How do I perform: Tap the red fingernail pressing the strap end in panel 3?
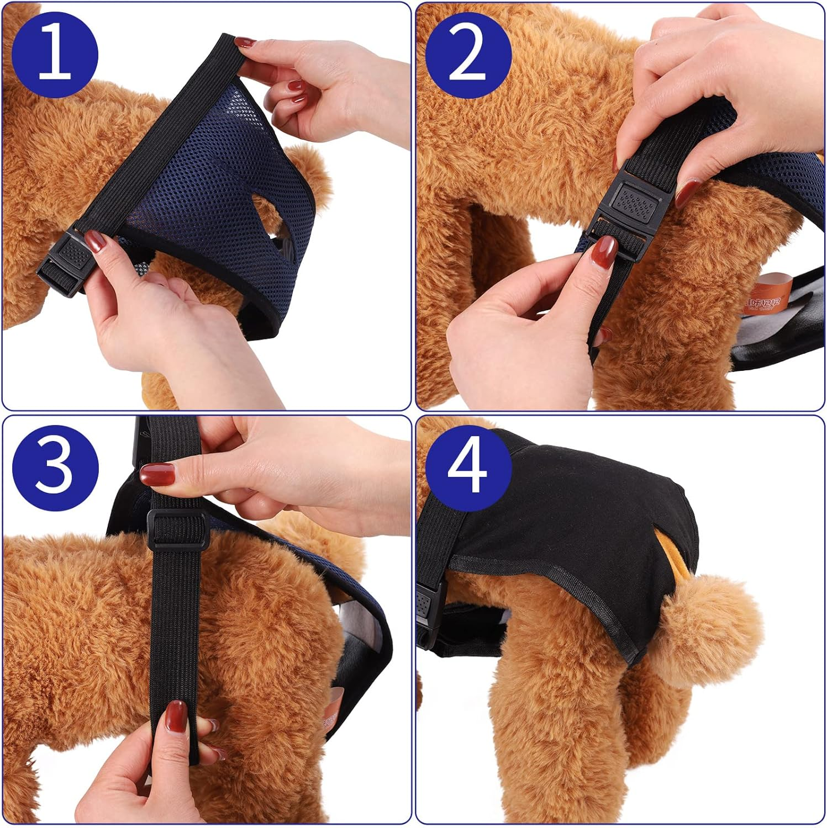176,715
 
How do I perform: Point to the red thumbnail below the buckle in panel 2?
607,251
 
